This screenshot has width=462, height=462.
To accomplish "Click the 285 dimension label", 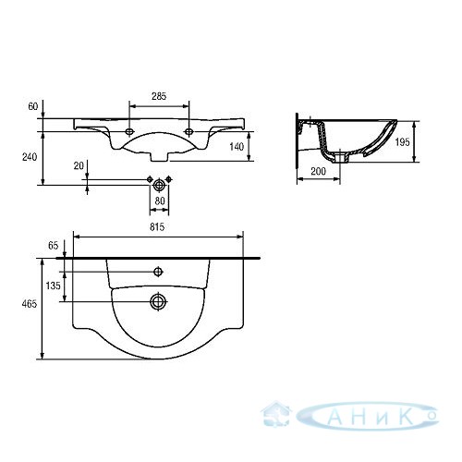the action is point(159,96).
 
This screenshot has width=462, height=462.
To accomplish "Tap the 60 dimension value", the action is point(33,106).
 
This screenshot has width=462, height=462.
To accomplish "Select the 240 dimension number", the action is point(30,157).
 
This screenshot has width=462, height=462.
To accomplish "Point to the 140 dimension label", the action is point(237,147).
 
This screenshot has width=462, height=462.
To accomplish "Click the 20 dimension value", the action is point(79,165).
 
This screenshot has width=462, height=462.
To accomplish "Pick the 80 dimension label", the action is point(160,201).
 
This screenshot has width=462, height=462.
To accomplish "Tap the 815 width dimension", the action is point(157,227).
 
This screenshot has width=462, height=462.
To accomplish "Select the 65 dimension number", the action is point(53,246).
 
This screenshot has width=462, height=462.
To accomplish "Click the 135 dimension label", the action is point(54,286).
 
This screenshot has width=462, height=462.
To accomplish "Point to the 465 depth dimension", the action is point(30,304).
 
